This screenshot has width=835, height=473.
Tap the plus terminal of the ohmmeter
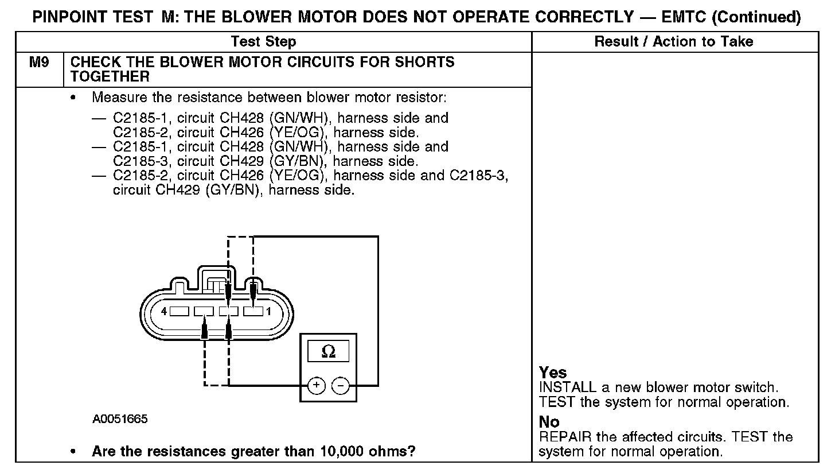pos(317,385)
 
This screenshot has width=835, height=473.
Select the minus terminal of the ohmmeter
pos(340,385)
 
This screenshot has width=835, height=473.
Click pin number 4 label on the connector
pos(164,312)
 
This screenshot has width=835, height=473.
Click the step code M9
pos(39,62)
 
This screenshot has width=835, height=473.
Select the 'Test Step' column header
pos(264,41)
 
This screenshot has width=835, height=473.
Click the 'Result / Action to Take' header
pos(674,41)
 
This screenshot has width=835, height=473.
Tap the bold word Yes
pos(553,373)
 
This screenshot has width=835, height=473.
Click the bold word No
pos(549,422)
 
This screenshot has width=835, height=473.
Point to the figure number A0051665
pos(120,419)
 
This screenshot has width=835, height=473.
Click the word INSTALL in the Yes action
pos(568,387)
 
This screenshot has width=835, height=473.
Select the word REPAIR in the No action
pos(565,437)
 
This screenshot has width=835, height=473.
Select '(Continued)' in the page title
pos(756,18)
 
